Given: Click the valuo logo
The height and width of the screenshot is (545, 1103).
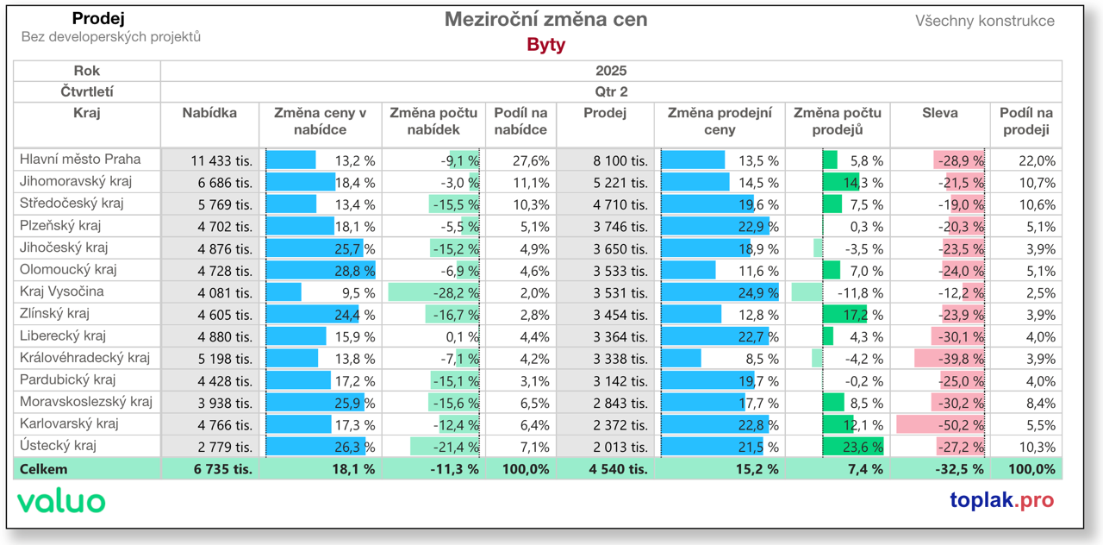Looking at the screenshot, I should click(x=61, y=501).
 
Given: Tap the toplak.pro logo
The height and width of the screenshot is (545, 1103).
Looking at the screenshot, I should click(x=1001, y=500).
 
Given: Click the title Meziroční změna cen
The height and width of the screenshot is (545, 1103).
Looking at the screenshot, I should click(x=545, y=19).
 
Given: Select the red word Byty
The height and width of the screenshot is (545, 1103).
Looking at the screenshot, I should click(x=545, y=45).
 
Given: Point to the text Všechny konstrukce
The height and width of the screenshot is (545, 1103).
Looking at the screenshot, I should click(x=984, y=21).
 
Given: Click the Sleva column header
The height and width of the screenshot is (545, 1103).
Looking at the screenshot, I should click(x=939, y=113).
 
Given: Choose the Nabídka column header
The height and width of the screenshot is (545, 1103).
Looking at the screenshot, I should click(x=209, y=113).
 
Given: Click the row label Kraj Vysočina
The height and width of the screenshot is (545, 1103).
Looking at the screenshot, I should click(x=61, y=291).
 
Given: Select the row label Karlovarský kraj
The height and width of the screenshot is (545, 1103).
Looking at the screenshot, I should click(x=69, y=424).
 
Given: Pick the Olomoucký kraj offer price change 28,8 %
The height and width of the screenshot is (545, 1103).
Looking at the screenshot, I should click(x=355, y=271).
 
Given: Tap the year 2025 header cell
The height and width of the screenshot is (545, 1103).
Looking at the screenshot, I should click(x=610, y=71).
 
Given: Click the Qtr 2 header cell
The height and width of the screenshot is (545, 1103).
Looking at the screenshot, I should click(x=610, y=91).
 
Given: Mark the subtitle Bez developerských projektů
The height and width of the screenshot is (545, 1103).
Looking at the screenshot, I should click(x=110, y=37).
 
